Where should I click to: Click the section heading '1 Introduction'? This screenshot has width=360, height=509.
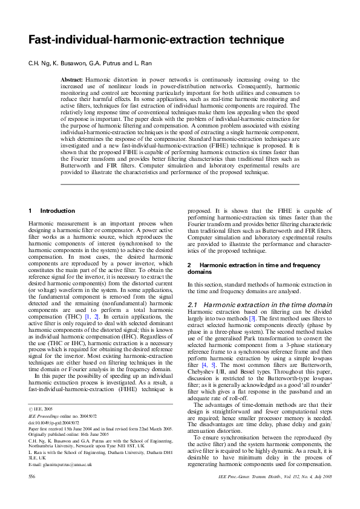(x=51, y=210)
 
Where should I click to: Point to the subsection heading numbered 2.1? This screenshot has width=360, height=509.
(x=260, y=304)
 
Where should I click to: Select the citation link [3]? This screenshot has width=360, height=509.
(x=253, y=317)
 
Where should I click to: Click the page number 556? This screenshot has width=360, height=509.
(x=33, y=493)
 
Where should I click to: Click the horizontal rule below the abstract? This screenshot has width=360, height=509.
(x=180, y=184)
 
